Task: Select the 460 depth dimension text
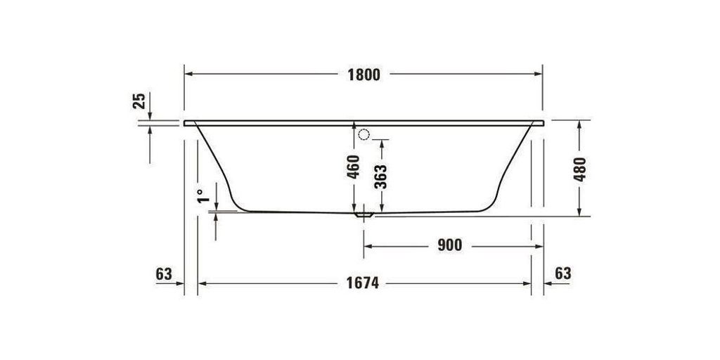click(x=354, y=168)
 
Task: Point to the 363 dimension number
click(x=380, y=176)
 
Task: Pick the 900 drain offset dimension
click(x=449, y=245)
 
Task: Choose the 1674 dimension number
click(x=363, y=283)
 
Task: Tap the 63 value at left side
click(x=163, y=274)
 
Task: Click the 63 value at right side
click(x=562, y=273)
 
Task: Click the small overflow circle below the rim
click(x=364, y=134)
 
